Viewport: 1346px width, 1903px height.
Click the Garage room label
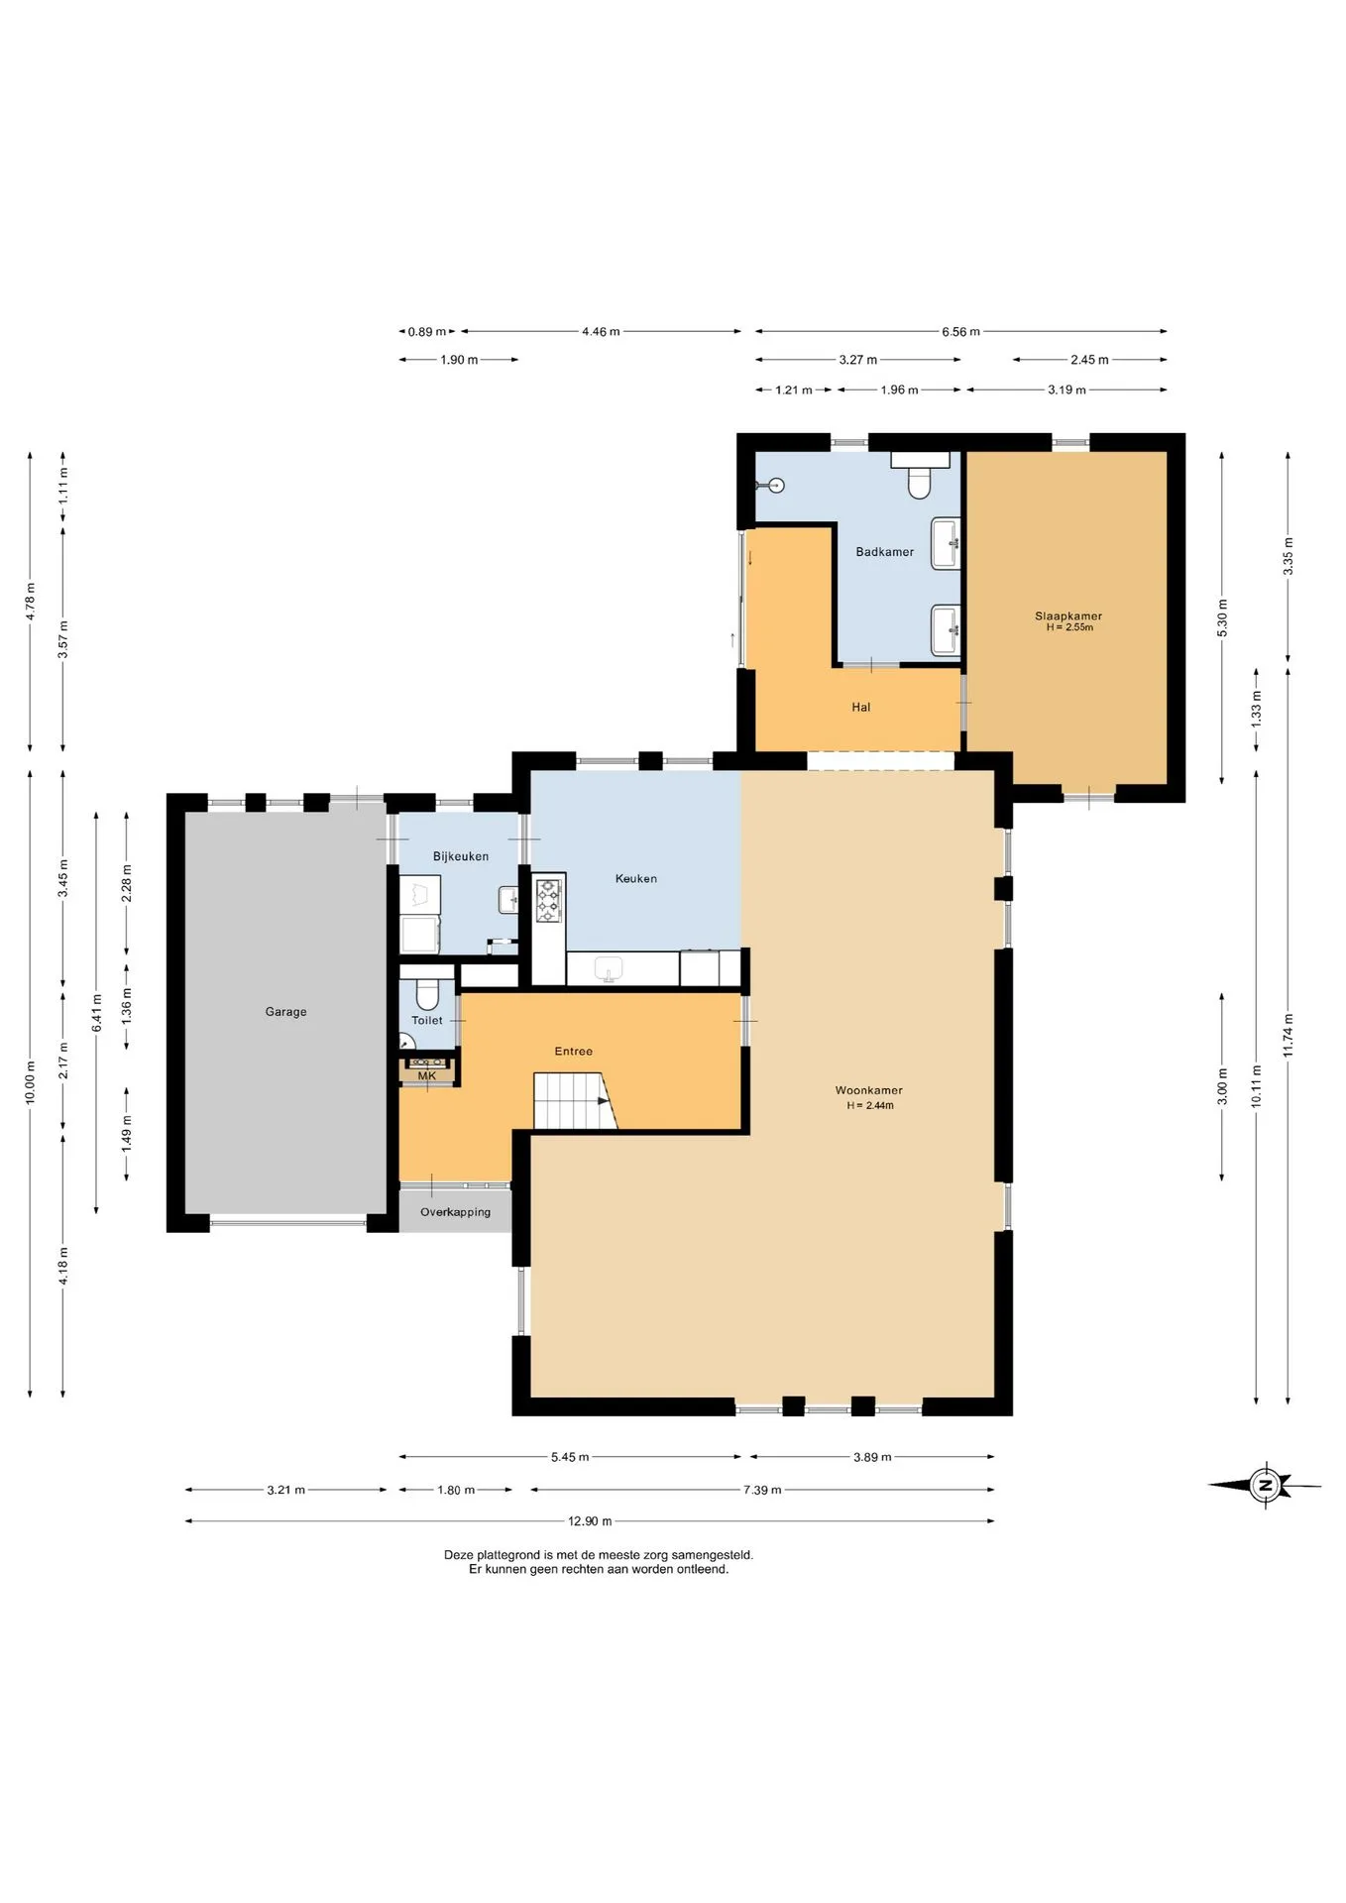pyautogui.click(x=285, y=1011)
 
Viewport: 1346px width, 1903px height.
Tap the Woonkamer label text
pyautogui.click(x=868, y=1090)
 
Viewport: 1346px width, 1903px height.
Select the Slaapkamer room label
pyautogui.click(x=1068, y=616)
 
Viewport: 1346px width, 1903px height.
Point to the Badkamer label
pyautogui.click(x=884, y=552)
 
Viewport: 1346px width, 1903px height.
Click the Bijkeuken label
pyautogui.click(x=461, y=856)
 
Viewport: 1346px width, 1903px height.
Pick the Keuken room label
pyautogui.click(x=635, y=878)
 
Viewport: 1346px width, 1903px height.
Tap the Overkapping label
pyautogui.click(x=455, y=1211)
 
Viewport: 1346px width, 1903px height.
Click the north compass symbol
pyautogui.click(x=1264, y=1485)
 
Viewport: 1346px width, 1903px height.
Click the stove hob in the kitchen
pyautogui.click(x=548, y=901)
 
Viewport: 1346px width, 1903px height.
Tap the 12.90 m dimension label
pyautogui.click(x=590, y=1520)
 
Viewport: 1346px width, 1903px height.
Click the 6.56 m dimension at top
pyautogui.click(x=960, y=331)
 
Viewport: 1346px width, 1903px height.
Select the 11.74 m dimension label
pyautogui.click(x=1289, y=1035)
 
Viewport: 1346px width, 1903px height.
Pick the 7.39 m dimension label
pyautogui.click(x=762, y=1489)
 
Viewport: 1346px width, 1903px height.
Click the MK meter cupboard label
pyautogui.click(x=427, y=1075)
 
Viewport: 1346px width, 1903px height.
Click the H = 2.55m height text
pyautogui.click(x=1069, y=627)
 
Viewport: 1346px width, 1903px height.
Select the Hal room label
pyautogui.click(x=860, y=707)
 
